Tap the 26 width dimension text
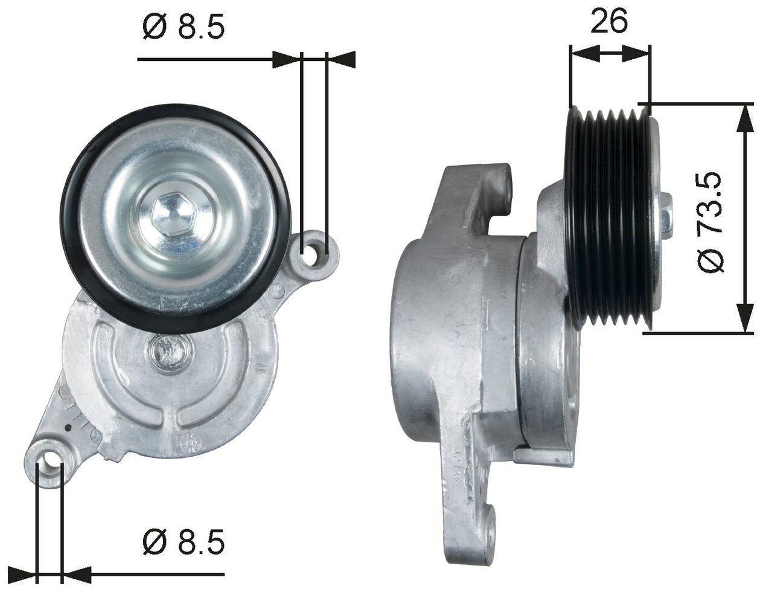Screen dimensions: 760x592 [609, 21]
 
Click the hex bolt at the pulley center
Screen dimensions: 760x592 [171, 215]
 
